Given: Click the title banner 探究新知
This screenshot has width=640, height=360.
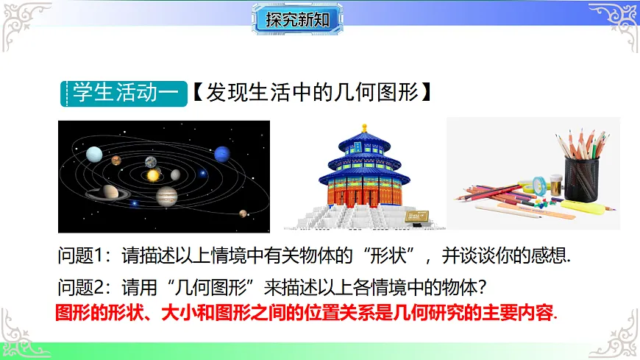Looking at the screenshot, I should [297, 20].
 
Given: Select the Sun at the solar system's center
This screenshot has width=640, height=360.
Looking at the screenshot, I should [153, 176].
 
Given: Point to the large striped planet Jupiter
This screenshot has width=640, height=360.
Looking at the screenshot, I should [168, 196].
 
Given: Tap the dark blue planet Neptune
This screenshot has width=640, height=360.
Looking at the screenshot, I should [221, 155].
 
